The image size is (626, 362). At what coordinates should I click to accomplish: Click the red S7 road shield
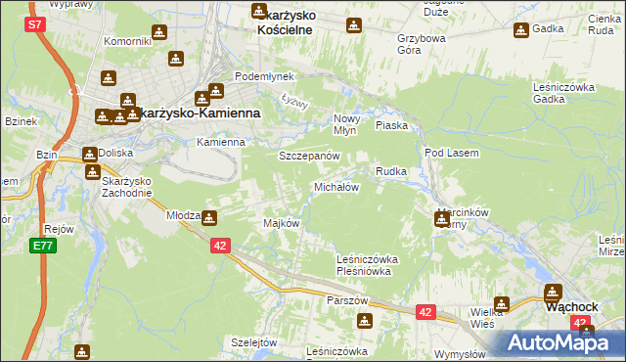tap(35, 23)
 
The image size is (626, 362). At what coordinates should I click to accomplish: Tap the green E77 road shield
tap(41, 246)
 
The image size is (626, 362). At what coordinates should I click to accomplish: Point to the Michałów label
tap(336, 186)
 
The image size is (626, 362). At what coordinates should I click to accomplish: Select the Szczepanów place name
tap(309, 156)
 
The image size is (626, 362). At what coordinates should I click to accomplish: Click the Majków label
tap(281, 223)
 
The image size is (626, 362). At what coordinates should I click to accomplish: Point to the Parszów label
tap(347, 299)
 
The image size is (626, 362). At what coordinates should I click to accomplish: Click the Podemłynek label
tap(258, 76)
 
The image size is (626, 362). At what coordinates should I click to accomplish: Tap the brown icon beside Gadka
tap(519, 30)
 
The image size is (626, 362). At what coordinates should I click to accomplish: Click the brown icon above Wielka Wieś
tap(502, 304)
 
